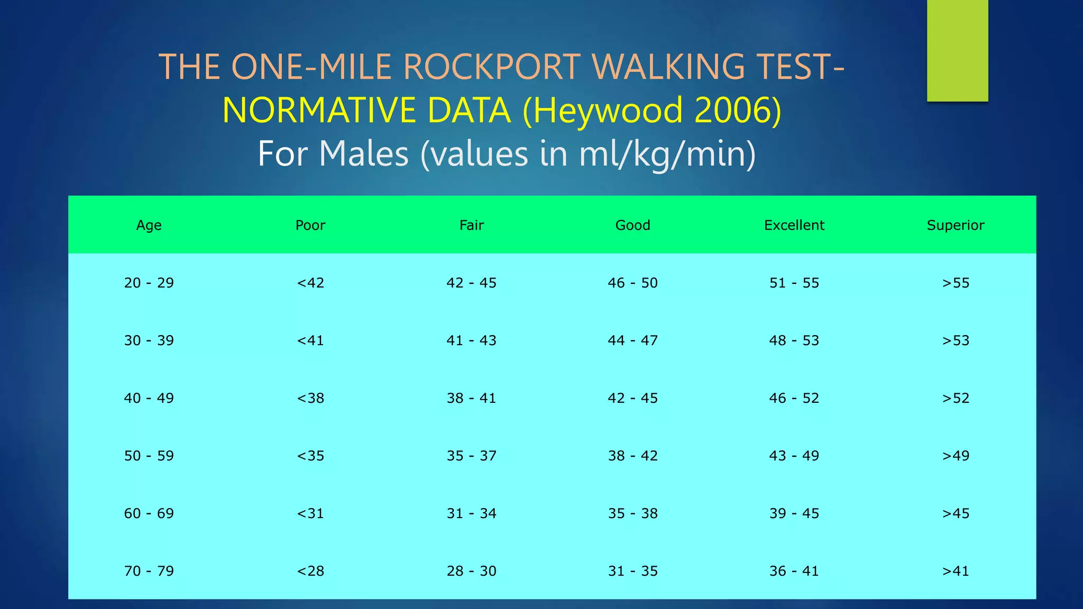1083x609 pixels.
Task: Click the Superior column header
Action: [955, 225]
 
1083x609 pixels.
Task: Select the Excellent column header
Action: [794, 225]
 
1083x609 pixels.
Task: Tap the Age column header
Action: [149, 225]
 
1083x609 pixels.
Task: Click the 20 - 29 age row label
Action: [149, 283]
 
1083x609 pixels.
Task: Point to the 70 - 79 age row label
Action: [149, 571]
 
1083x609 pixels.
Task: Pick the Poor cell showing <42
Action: [310, 283]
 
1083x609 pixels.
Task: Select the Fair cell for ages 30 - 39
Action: [471, 340]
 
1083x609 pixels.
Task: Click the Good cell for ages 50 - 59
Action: [632, 456]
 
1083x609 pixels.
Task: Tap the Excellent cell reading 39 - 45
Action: [794, 513]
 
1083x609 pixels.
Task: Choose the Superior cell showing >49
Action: [955, 456]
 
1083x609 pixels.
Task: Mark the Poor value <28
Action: [310, 571]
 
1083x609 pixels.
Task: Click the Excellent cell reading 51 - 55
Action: [794, 283]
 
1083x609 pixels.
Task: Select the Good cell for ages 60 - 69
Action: [632, 513]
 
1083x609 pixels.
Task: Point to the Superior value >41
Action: [955, 571]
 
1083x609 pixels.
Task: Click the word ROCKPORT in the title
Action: [492, 67]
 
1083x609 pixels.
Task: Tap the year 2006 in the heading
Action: [731, 110]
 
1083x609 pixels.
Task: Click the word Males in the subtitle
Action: [364, 154]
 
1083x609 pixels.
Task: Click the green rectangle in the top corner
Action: [957, 50]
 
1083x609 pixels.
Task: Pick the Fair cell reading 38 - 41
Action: [471, 398]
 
